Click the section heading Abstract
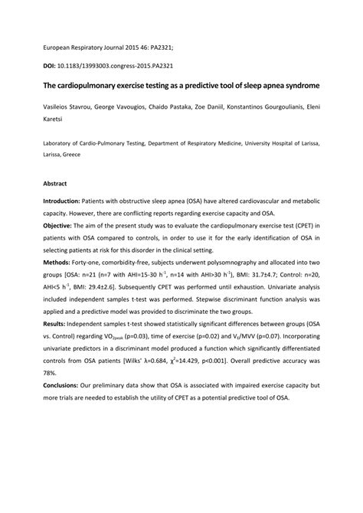coord(55,184)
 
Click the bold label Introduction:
coord(67,200)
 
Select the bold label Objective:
coord(61,227)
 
